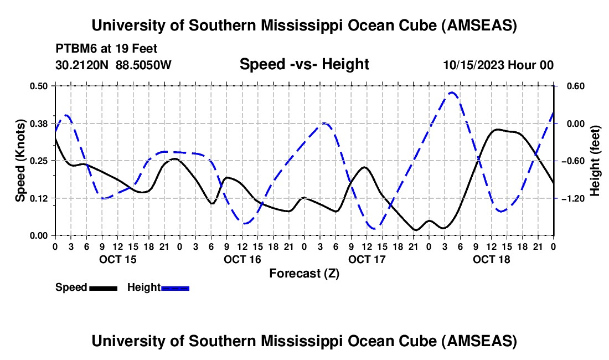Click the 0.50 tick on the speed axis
pyautogui.click(x=40, y=86)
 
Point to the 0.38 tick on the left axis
pyautogui.click(x=40, y=123)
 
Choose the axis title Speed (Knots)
pyautogui.click(x=20, y=161)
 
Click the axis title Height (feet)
pyautogui.click(x=595, y=161)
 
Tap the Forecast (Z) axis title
pyautogui.click(x=304, y=273)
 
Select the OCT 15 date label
pyautogui.click(x=117, y=259)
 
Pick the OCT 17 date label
pyautogui.click(x=367, y=259)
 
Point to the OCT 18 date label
pyautogui.click(x=492, y=259)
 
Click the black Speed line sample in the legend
pyautogui.click(x=103, y=288)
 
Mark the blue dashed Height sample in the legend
pyautogui.click(x=175, y=288)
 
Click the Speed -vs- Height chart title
pyautogui.click(x=304, y=64)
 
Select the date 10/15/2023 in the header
pyautogui.click(x=473, y=65)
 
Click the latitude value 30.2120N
pyautogui.click(x=82, y=65)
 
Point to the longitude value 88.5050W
pyautogui.click(x=143, y=65)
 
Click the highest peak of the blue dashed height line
pyautogui.click(x=451, y=92)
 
